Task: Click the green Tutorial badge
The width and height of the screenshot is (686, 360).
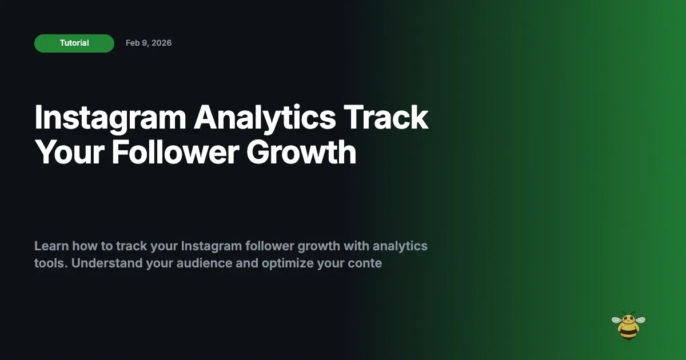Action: click(74, 43)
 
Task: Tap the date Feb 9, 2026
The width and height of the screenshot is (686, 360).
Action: click(149, 43)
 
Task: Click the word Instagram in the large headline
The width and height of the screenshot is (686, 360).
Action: click(110, 118)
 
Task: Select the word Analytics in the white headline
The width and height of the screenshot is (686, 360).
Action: click(265, 118)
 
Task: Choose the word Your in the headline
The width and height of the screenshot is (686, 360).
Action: click(68, 153)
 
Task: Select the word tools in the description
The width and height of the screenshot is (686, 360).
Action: click(50, 263)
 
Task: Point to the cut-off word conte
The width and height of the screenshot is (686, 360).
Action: click(364, 263)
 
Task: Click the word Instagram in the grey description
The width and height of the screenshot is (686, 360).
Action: click(211, 246)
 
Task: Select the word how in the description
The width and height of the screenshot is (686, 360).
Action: click(83, 246)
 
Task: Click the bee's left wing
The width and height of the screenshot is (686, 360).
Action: click(617, 320)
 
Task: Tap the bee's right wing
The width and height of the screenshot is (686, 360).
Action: click(640, 320)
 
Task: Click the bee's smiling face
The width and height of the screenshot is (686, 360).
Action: click(628, 320)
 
